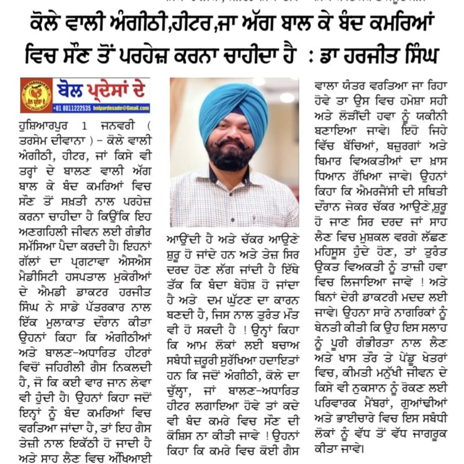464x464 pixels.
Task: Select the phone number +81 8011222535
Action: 72,108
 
